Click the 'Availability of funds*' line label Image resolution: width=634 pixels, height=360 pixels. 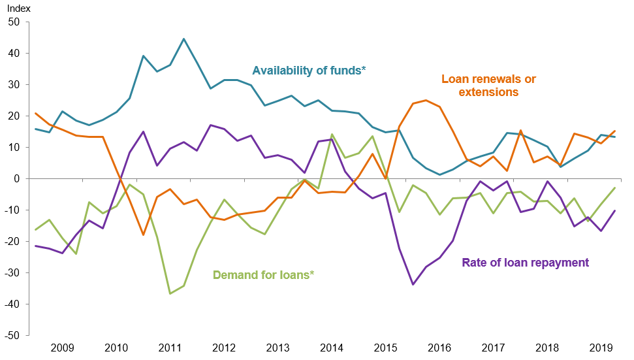(309, 70)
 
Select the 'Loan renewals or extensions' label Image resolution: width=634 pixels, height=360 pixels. (488, 86)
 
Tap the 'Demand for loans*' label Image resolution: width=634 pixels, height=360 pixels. (263, 275)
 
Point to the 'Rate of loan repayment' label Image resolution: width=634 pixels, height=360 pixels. (525, 263)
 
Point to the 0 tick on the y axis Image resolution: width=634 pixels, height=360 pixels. (18, 179)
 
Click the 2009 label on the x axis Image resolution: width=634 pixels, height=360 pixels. (62, 348)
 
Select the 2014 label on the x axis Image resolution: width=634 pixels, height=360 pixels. (331, 348)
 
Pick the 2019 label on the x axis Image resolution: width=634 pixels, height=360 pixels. (601, 348)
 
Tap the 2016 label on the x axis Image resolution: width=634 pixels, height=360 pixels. (439, 348)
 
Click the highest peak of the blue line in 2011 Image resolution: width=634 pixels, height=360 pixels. (183, 39)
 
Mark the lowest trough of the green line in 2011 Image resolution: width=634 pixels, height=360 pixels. (170, 294)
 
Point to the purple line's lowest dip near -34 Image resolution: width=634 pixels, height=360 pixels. (413, 284)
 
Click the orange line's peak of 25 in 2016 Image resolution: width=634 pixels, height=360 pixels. (426, 100)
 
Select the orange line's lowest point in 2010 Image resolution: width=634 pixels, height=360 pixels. (143, 235)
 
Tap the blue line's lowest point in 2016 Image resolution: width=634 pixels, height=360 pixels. (440, 174)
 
